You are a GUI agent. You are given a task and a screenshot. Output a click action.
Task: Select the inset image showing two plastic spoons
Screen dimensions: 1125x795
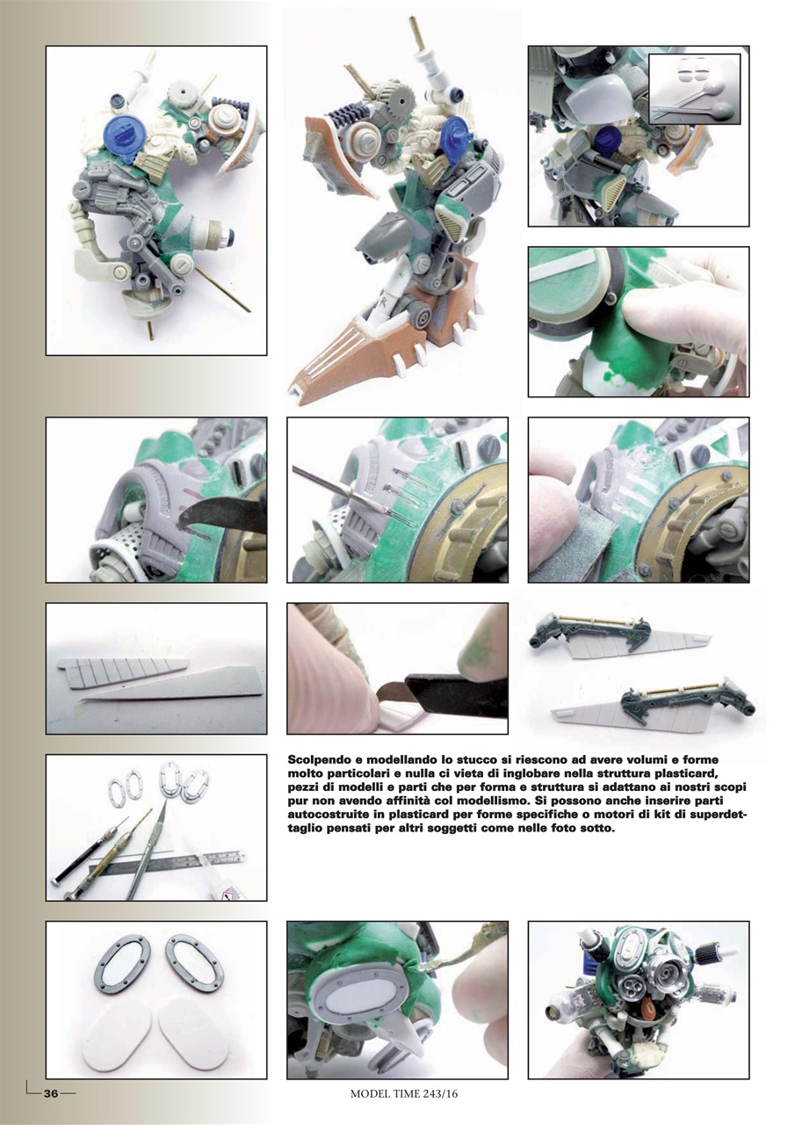[x=694, y=88]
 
